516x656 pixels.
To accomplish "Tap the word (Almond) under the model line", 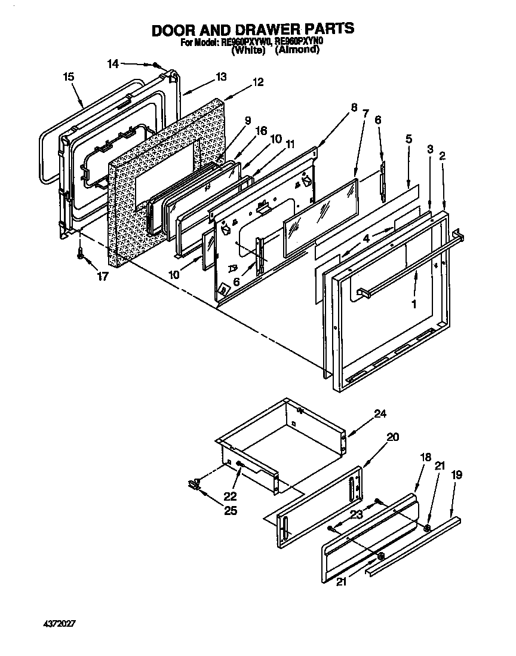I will coord(297,51).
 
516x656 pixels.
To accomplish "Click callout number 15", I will coord(68,76).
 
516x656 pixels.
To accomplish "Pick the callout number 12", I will coord(257,82).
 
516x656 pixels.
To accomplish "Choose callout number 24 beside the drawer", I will coord(380,413).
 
